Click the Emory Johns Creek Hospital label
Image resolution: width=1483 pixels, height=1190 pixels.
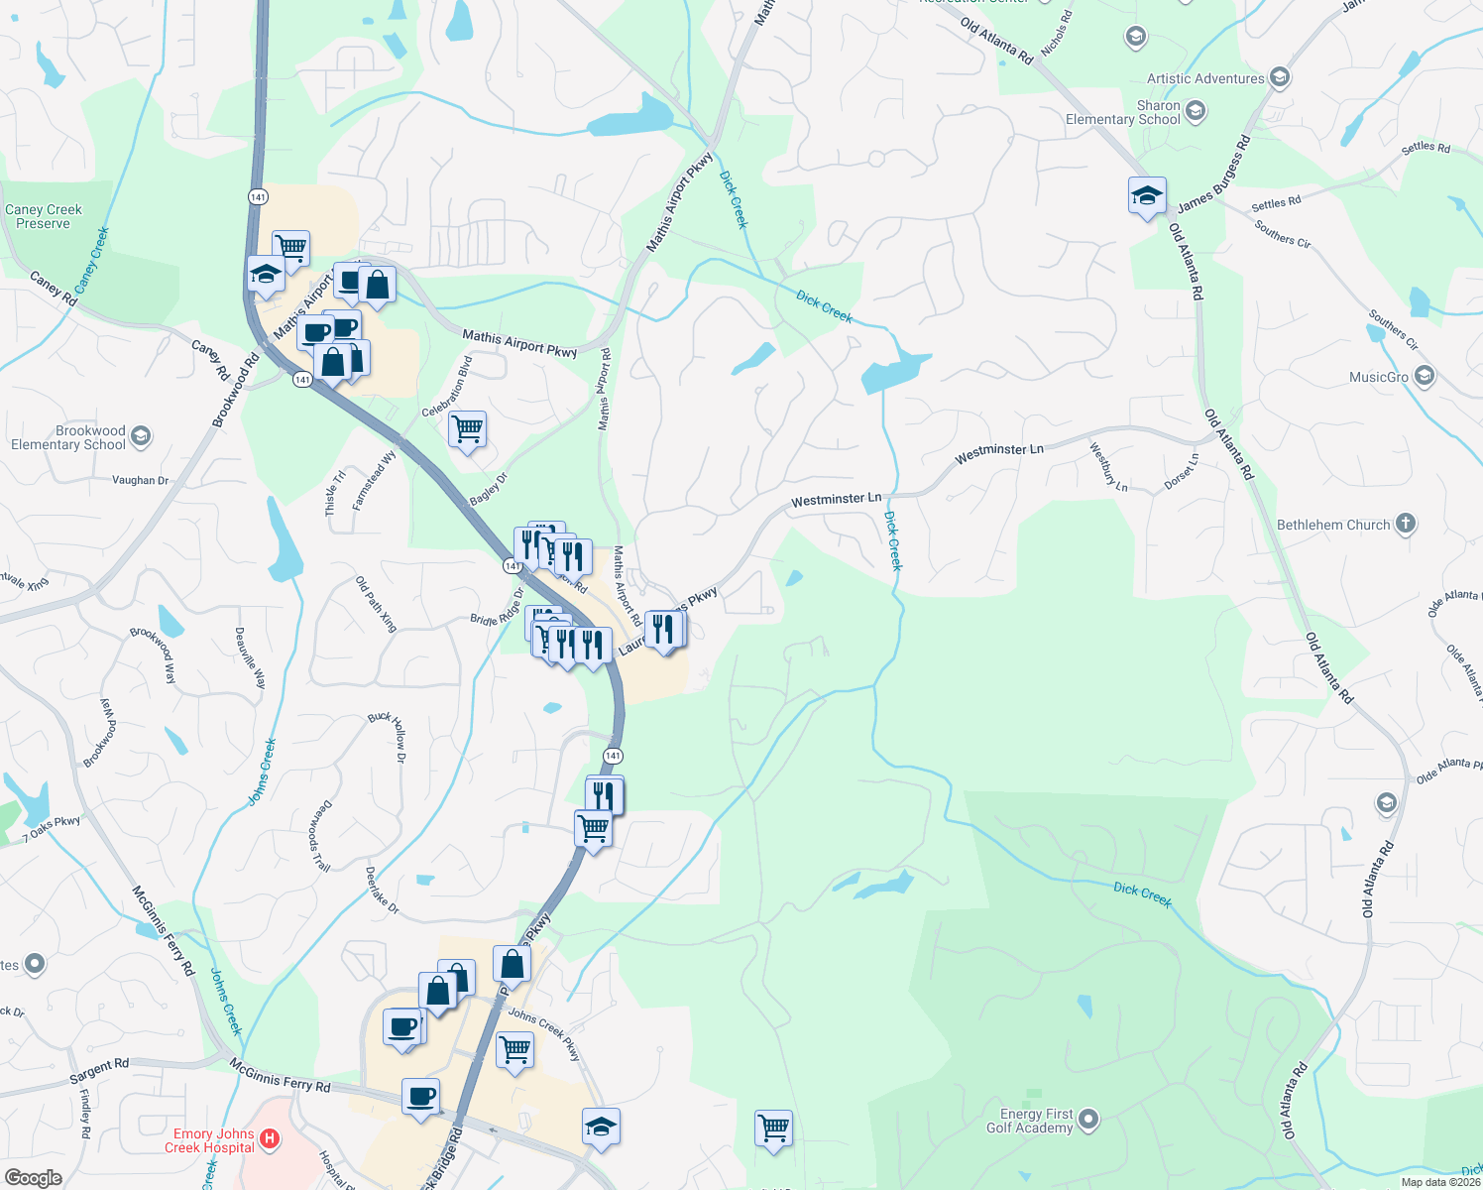(209, 1140)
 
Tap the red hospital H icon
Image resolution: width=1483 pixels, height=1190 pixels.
(270, 1139)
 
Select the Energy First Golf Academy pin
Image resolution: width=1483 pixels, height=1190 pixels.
(1088, 1120)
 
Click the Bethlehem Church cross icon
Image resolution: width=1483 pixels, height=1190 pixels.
(1405, 524)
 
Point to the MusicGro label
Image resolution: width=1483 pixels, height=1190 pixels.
(1378, 377)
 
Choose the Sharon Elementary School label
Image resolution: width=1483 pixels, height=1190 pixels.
(1122, 112)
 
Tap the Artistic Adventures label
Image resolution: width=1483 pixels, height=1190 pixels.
(1205, 78)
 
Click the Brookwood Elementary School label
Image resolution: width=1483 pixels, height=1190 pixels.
(68, 437)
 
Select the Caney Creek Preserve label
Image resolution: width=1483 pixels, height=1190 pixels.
(44, 216)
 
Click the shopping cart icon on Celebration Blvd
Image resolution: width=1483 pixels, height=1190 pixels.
(467, 429)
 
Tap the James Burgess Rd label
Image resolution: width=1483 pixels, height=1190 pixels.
(1213, 176)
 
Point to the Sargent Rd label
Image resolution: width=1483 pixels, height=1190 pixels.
(99, 1071)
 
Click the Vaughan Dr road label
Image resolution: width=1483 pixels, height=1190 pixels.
(140, 480)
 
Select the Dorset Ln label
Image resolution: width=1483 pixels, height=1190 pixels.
(1182, 471)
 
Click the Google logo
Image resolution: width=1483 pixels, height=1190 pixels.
(33, 1178)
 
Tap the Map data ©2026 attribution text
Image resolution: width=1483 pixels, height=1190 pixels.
(1440, 1182)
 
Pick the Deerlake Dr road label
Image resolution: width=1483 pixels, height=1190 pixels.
(382, 891)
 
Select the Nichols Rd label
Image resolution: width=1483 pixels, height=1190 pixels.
(1057, 33)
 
